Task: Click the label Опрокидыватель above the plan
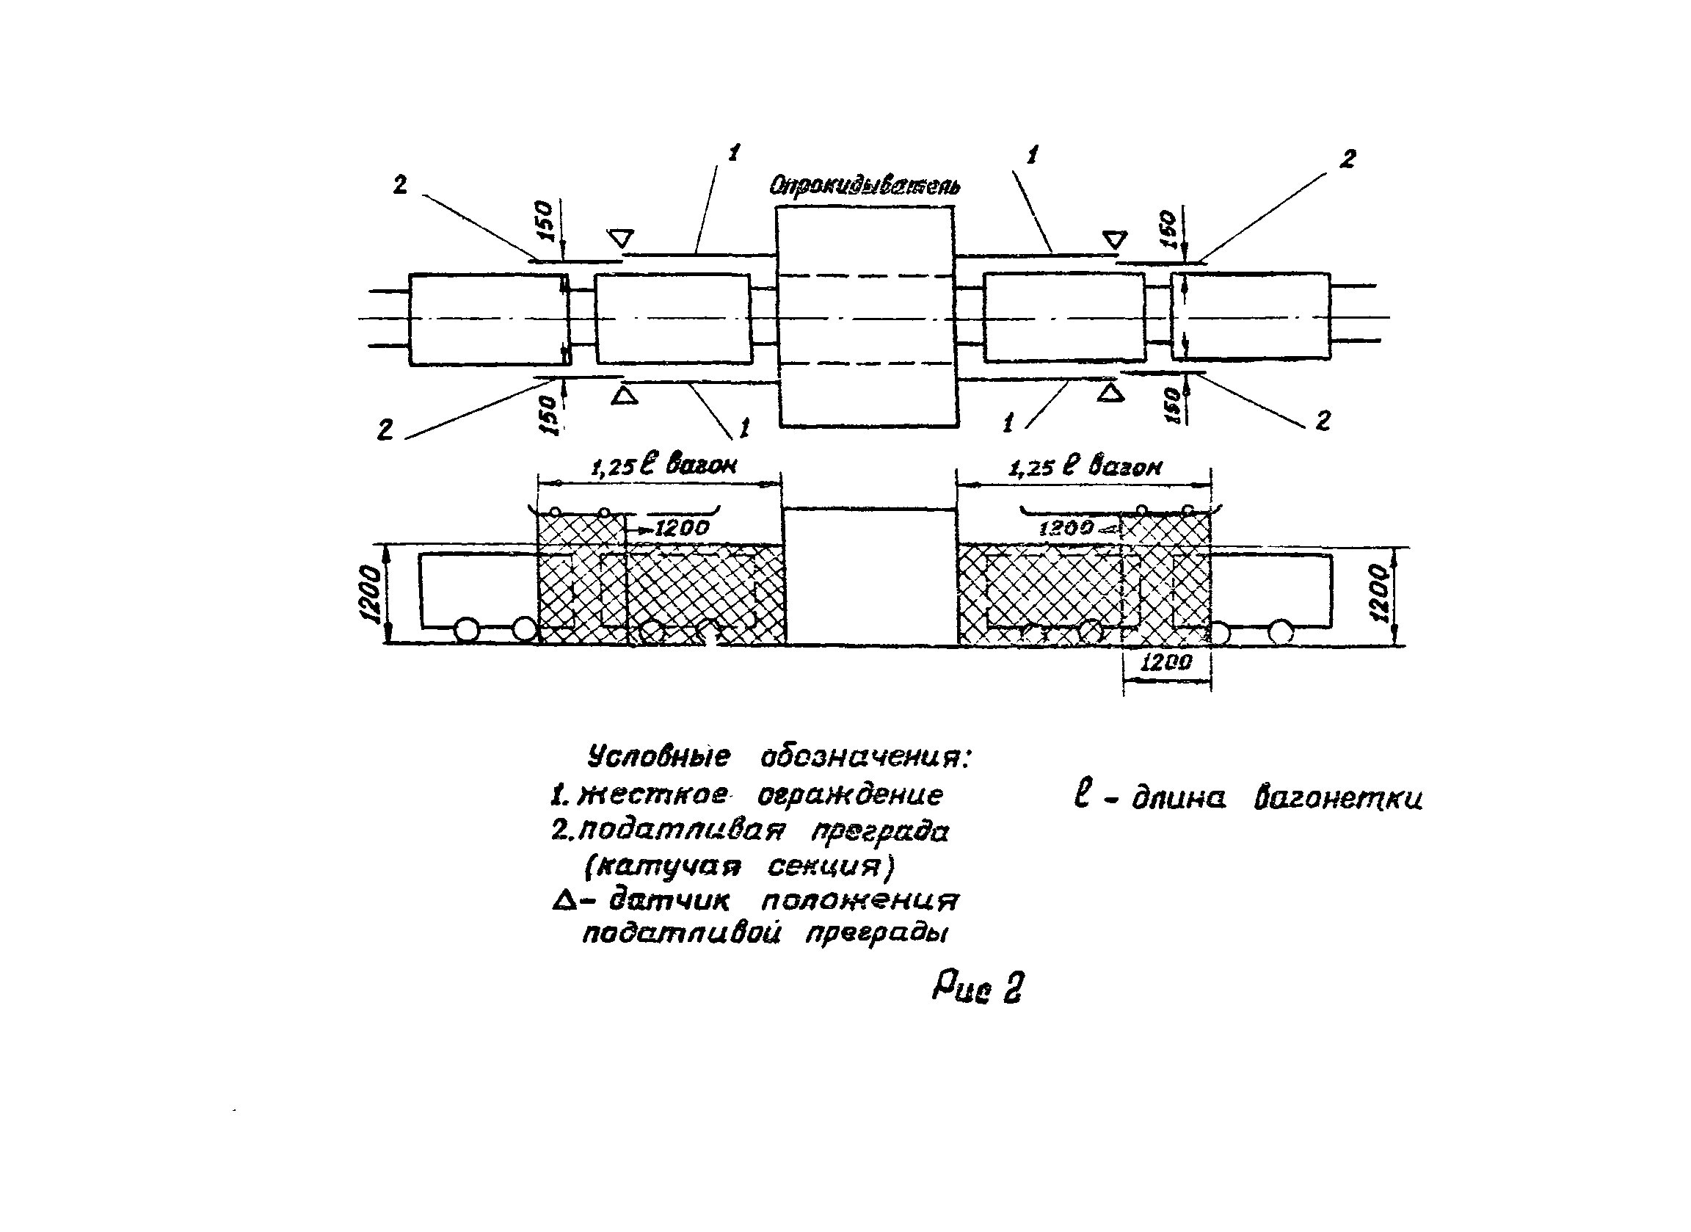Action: click(x=864, y=185)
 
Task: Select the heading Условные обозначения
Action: click(x=779, y=758)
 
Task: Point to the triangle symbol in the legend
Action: click(x=564, y=902)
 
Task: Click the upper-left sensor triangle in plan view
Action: click(x=620, y=239)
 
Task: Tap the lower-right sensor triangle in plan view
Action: click(x=1110, y=393)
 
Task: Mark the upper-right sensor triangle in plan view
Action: click(x=1115, y=239)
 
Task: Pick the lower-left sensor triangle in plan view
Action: click(x=624, y=395)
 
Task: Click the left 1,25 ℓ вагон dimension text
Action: click(x=663, y=465)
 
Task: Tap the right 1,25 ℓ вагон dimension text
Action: click(x=1085, y=467)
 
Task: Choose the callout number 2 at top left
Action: click(x=401, y=185)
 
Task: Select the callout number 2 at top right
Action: click(x=1348, y=159)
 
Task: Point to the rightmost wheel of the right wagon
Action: click(x=1281, y=632)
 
